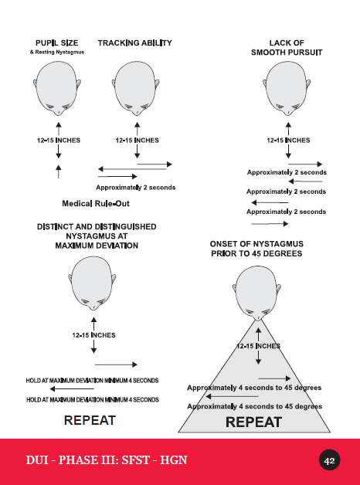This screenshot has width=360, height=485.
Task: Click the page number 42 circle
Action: (x=329, y=460)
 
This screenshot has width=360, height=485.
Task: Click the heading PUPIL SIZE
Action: (x=57, y=43)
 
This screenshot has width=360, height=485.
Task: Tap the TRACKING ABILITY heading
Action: (x=135, y=43)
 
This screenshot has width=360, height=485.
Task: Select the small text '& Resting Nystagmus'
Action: (x=57, y=52)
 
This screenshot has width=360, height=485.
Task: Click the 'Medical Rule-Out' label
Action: (x=96, y=204)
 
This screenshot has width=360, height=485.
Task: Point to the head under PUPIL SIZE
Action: (x=57, y=89)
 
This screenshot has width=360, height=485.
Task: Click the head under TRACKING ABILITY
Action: (x=136, y=89)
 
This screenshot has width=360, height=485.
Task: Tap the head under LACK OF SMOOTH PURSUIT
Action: (x=287, y=89)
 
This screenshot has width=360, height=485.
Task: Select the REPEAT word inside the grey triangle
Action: (x=253, y=422)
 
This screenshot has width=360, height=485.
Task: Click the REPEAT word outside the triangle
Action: (x=90, y=420)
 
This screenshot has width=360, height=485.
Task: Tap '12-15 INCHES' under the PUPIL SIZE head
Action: (x=59, y=141)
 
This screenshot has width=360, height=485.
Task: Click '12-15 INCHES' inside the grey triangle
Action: (x=258, y=346)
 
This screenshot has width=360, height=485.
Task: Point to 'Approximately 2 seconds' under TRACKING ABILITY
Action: (x=136, y=188)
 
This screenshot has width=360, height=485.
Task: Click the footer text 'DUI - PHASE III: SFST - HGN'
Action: (x=107, y=460)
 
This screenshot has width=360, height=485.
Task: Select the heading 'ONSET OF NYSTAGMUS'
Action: (x=256, y=244)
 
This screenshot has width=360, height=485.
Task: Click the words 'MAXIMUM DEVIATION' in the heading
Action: (x=97, y=246)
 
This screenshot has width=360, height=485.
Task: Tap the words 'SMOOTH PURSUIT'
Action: (x=287, y=53)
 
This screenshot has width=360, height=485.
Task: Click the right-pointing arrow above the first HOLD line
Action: (x=116, y=365)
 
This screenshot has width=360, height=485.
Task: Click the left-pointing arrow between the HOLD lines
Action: (x=72, y=388)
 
